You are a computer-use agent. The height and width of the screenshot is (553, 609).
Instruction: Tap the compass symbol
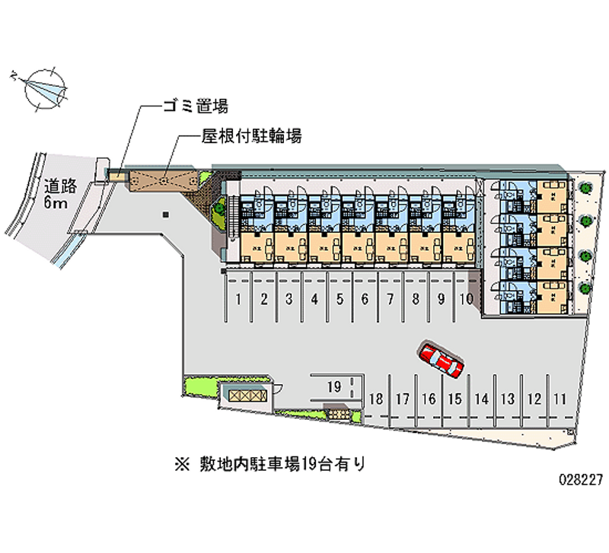(43, 88)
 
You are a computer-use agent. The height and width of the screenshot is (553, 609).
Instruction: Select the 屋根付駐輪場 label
(252, 136)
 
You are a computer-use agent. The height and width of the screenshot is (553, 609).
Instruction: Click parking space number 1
(238, 299)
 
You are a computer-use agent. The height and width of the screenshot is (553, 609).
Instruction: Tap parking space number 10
(466, 299)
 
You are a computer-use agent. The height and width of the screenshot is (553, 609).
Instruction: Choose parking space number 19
(333, 386)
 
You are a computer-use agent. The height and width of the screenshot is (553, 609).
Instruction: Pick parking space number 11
(560, 398)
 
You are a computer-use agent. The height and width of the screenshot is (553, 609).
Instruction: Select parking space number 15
(454, 398)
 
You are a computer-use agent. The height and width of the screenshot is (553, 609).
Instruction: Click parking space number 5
(340, 299)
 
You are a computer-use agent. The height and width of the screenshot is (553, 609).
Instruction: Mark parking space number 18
(375, 398)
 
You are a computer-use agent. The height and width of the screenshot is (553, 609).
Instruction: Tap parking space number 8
(416, 299)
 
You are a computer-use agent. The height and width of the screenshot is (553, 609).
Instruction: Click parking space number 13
(508, 398)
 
